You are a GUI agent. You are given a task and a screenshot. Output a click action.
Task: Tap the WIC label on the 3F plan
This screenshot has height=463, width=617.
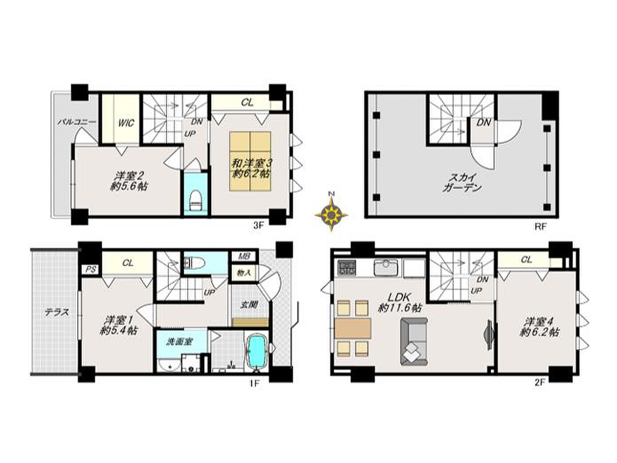point(126,123)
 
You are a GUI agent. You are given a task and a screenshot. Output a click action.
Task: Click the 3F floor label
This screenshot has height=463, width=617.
point(258,226)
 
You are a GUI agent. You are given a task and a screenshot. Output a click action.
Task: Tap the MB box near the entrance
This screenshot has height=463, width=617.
point(243,256)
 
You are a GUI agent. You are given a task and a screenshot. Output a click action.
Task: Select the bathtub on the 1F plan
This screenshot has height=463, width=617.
point(257,351)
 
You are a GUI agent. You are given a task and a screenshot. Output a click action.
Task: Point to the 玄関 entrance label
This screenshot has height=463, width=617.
point(249,305)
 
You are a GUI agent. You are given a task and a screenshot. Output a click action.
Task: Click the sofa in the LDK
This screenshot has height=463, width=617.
point(414,341)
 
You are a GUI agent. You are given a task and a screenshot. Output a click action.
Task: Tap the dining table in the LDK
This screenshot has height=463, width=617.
point(353,328)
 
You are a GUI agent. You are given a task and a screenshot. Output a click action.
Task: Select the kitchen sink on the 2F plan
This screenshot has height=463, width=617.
point(386,267)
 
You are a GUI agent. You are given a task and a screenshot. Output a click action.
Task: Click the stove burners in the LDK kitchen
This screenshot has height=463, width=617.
point(347,267)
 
